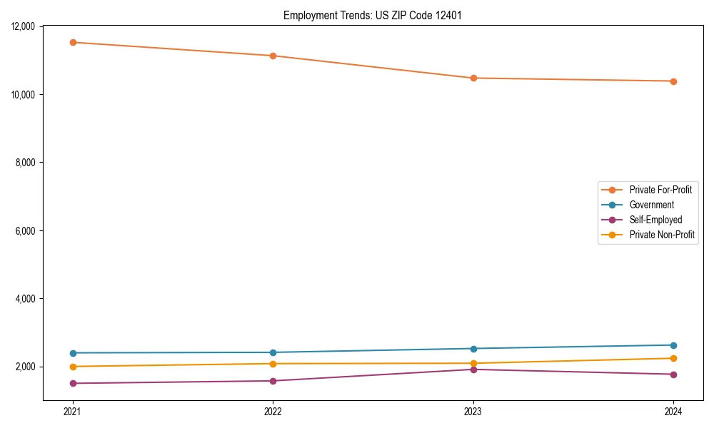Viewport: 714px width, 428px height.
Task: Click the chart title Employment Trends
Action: pyautogui.click(x=371, y=15)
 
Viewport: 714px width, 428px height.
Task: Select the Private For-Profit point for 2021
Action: pyautogui.click(x=72, y=42)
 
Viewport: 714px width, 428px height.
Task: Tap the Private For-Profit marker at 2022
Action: pyautogui.click(x=273, y=56)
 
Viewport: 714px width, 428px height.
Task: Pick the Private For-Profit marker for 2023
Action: pyautogui.click(x=473, y=78)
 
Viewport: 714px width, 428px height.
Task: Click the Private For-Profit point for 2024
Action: pyautogui.click(x=673, y=81)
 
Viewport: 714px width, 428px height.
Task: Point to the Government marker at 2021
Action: pyautogui.click(x=72, y=353)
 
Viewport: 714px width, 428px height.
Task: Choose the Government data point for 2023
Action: pyautogui.click(x=473, y=349)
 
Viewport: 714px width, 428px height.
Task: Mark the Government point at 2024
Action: pyautogui.click(x=673, y=345)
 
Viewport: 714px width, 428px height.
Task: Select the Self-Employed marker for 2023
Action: pyautogui.click(x=473, y=370)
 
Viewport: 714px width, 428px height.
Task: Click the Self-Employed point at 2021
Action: pyautogui.click(x=72, y=383)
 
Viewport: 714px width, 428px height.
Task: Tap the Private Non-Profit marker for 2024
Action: pyautogui.click(x=673, y=358)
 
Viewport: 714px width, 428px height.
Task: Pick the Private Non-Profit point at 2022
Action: pyautogui.click(x=273, y=364)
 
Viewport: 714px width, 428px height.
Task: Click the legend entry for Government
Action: pyautogui.click(x=651, y=205)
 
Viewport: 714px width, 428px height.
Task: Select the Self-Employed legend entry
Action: pyautogui.click(x=655, y=220)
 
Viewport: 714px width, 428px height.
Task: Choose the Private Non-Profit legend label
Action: pyautogui.click(x=662, y=235)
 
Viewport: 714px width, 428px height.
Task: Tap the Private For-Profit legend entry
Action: pyautogui.click(x=660, y=190)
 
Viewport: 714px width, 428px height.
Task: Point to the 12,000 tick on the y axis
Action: pyautogui.click(x=24, y=26)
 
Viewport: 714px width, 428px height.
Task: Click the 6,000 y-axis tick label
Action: pyautogui.click(x=26, y=231)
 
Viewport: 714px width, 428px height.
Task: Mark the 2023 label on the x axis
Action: pyautogui.click(x=473, y=412)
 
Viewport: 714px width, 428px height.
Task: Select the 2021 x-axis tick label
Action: pyautogui.click(x=72, y=412)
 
